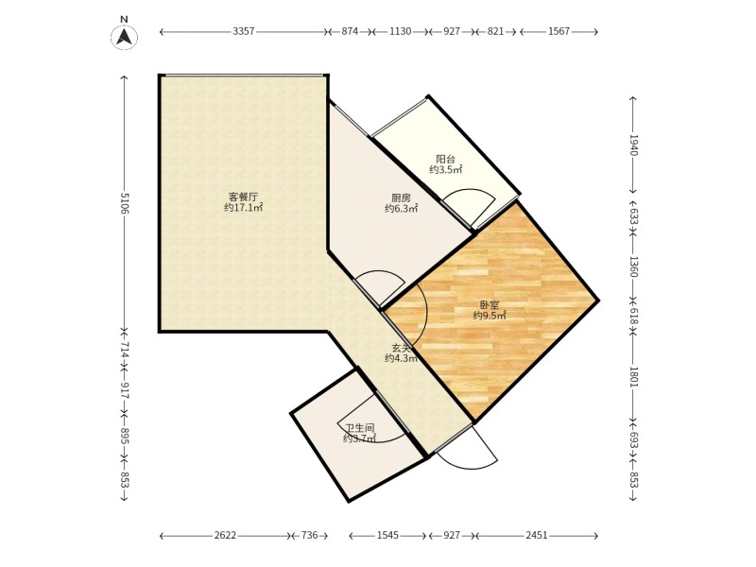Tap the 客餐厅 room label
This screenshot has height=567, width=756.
pyautogui.click(x=243, y=198)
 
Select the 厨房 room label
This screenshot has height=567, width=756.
pyautogui.click(x=401, y=198)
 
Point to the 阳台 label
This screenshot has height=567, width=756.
pyautogui.click(x=445, y=159)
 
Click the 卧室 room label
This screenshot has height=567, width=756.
pyautogui.click(x=490, y=305)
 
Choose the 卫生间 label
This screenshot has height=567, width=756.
pyautogui.click(x=360, y=428)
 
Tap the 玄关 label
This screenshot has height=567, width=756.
pyautogui.click(x=401, y=348)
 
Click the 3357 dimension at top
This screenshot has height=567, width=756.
pyautogui.click(x=244, y=32)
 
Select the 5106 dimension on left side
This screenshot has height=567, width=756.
pyautogui.click(x=125, y=203)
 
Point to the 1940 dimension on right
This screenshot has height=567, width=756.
pyautogui.click(x=633, y=146)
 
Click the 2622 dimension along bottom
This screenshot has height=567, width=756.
pyautogui.click(x=225, y=535)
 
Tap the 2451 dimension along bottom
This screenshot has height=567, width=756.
pyautogui.click(x=537, y=535)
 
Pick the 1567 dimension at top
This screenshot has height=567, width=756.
pyautogui.click(x=558, y=32)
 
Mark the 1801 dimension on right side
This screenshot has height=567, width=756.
pyautogui.click(x=633, y=377)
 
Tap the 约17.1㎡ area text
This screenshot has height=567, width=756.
pyautogui.click(x=244, y=208)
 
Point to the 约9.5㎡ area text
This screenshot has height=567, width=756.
pyautogui.click(x=490, y=316)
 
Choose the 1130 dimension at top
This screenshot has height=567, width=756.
pyautogui.click(x=400, y=32)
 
